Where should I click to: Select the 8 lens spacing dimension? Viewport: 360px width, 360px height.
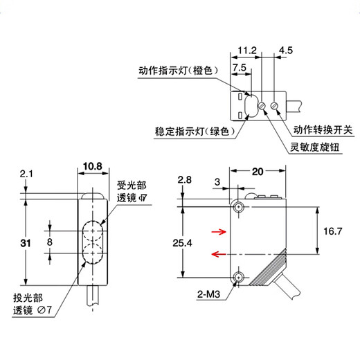coord(48,242)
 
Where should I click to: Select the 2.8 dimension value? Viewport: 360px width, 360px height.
coord(184,180)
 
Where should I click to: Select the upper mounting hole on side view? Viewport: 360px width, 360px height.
coord(238,207)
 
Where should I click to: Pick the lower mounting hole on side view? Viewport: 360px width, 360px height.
coord(238,277)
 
